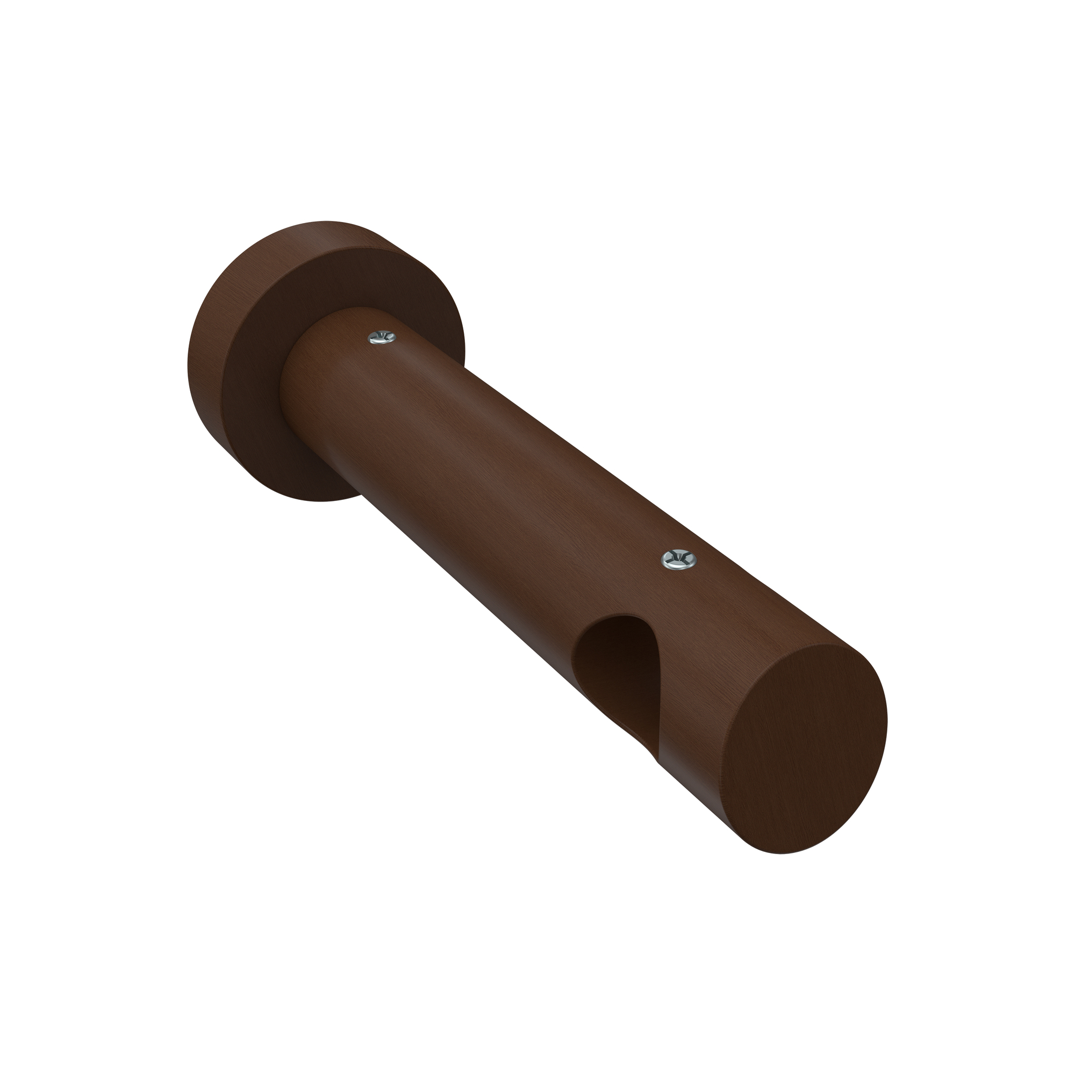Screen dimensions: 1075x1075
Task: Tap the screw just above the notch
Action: [677, 559]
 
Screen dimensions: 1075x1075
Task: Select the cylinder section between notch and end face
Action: [718, 668]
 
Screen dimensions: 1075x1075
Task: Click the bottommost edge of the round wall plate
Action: [322, 501]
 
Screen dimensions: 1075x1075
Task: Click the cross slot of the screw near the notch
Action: [677, 558]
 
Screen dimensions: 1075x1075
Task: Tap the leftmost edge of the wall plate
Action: [188, 362]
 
